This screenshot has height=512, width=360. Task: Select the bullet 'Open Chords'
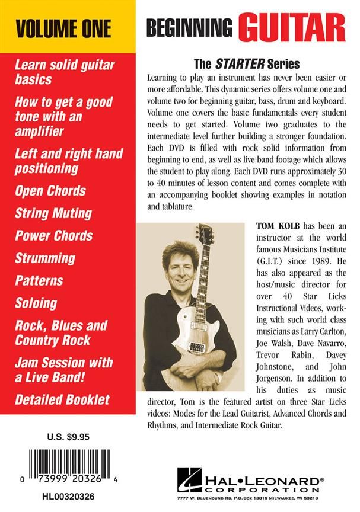(x=50, y=191)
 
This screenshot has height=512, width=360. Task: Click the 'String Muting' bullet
(x=53, y=213)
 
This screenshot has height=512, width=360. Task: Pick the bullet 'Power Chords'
(x=54, y=235)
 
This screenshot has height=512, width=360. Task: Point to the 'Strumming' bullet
(x=46, y=258)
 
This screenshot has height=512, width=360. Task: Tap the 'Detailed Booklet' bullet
(x=62, y=399)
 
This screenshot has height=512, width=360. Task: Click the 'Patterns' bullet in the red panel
(x=39, y=280)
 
